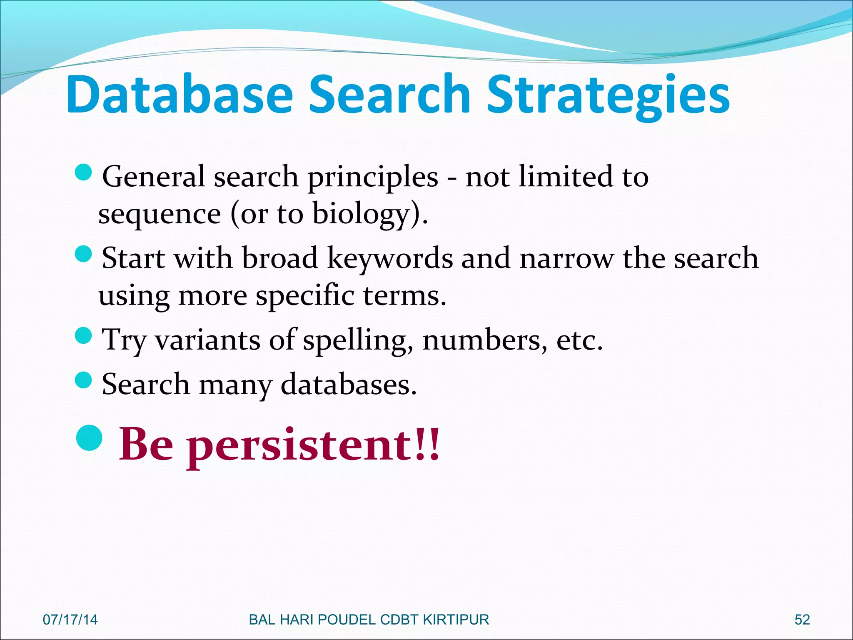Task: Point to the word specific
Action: [305, 296]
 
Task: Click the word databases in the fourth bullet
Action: [348, 384]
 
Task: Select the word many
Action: [235, 385]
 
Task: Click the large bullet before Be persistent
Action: [90, 438]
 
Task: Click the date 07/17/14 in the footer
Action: [70, 620]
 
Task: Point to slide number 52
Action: [802, 620]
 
